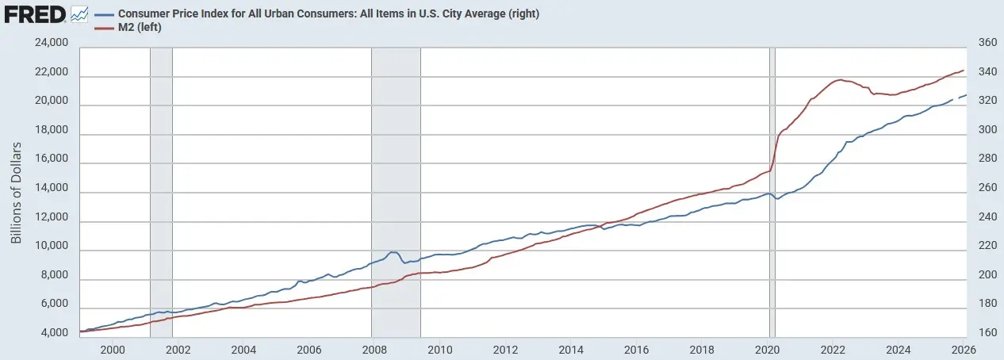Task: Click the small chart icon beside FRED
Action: coord(79,13)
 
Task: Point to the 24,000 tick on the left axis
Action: coord(52,44)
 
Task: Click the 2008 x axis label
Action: coord(374,349)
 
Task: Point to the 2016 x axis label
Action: coord(635,349)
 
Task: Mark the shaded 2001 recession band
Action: coord(161,190)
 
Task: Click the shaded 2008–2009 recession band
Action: coord(396,190)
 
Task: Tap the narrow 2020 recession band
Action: coord(772,190)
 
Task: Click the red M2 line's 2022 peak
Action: coord(838,80)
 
